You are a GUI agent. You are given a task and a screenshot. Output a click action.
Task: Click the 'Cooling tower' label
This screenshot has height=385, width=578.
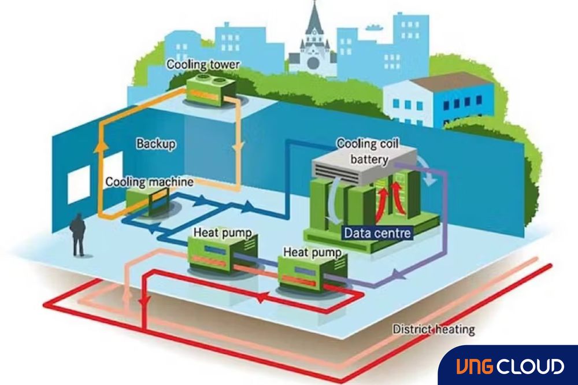click(194, 64)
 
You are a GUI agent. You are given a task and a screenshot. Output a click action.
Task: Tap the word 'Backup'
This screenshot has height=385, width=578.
click(155, 143)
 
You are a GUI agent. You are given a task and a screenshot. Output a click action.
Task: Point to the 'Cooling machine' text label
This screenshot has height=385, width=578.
click(149, 182)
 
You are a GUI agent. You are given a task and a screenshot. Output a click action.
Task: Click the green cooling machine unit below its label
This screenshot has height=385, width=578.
click(144, 202)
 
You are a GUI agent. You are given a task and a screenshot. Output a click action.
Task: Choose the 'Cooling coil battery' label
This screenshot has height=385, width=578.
click(363, 149)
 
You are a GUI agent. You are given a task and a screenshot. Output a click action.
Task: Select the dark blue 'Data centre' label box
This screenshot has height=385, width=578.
click(377, 233)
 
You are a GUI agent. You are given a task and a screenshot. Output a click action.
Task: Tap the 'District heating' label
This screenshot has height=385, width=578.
click(433, 330)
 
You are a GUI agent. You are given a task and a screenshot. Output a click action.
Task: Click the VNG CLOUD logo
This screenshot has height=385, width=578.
click(508, 366)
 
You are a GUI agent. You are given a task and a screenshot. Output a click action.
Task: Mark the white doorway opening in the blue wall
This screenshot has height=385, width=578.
click(79, 184)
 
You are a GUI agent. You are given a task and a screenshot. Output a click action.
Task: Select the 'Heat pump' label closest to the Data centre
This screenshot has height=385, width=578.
click(308, 253)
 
